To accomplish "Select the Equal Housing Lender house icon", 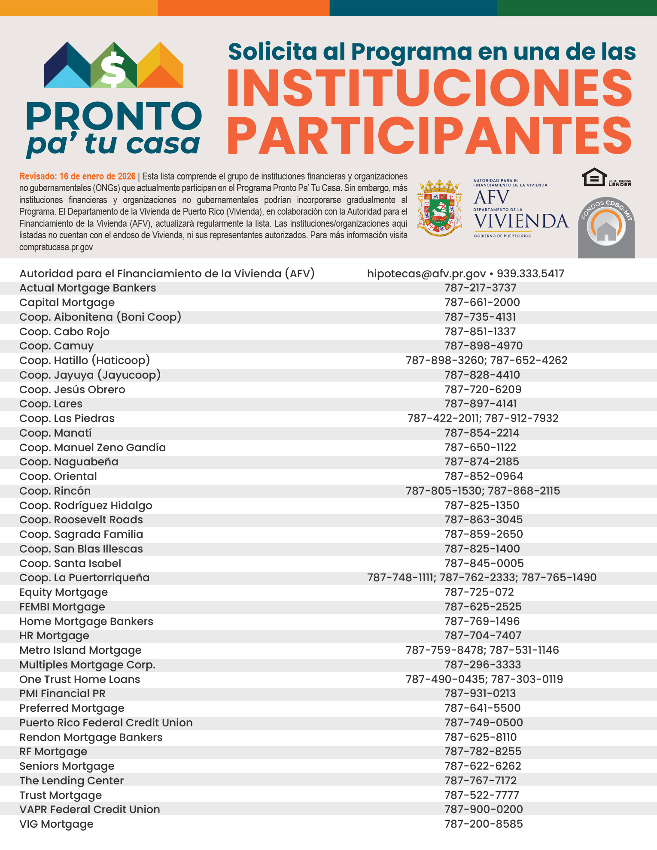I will [x=594, y=177].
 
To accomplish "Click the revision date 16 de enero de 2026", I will [x=97, y=176].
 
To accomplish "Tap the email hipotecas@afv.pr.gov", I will [x=426, y=273].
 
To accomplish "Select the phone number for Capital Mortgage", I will [x=482, y=302].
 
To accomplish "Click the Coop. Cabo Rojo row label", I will [x=64, y=331].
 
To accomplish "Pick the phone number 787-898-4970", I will [x=484, y=346].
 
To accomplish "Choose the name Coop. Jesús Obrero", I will [x=72, y=389].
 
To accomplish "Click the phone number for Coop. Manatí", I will [x=482, y=433].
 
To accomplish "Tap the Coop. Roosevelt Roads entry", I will [x=81, y=519].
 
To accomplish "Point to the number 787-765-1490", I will [x=559, y=577].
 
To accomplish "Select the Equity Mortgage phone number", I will [x=479, y=592].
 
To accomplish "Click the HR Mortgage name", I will [x=54, y=635].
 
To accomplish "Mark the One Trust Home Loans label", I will [x=80, y=679].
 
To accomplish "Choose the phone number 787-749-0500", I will [x=484, y=722].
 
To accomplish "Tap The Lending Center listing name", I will [x=71, y=780].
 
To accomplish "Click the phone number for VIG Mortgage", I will [x=484, y=824].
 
